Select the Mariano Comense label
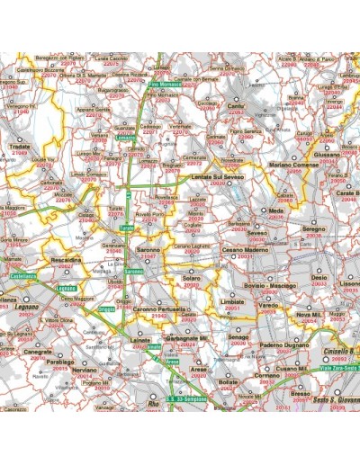click(294, 165)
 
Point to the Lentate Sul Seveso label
click(221, 178)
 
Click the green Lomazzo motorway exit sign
click(129, 139)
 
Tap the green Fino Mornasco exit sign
click(166, 85)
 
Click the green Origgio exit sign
click(107, 309)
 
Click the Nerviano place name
click(84, 370)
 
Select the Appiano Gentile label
click(93, 110)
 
